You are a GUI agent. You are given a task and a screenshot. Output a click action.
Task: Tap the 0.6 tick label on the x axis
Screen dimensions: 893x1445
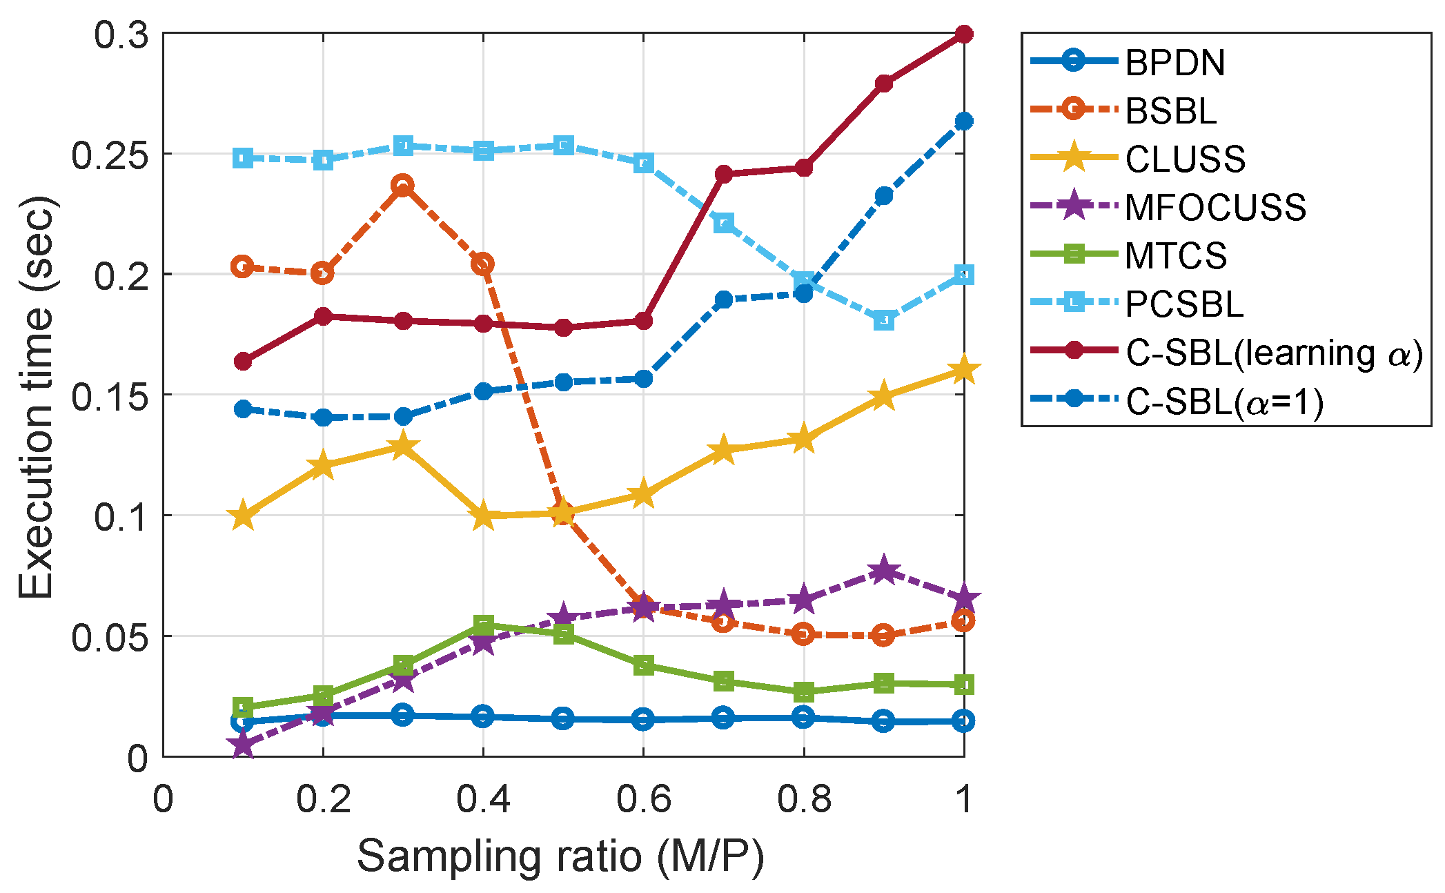pos(643,799)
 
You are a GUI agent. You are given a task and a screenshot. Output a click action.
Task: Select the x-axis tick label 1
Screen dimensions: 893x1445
pos(963,799)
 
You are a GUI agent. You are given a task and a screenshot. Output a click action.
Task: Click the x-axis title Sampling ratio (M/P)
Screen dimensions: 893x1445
pos(560,856)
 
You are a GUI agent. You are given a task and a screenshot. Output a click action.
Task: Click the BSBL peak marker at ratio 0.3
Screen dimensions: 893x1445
pos(403,185)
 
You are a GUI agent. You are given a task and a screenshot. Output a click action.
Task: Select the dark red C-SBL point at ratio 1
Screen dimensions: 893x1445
pos(964,34)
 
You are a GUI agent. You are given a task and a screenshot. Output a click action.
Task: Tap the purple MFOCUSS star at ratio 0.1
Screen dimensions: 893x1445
pos(242,745)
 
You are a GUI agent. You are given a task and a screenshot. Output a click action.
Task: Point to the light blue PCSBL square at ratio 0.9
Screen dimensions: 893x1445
pos(884,320)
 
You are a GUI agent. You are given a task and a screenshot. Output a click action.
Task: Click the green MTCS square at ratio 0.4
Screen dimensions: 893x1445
pos(483,626)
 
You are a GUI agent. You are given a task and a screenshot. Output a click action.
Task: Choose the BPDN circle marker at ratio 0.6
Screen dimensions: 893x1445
pos(643,719)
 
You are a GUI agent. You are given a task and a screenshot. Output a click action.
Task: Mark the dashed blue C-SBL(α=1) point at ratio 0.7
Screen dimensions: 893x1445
pos(723,300)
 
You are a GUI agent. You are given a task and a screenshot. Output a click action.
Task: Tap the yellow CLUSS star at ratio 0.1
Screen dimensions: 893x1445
pos(242,516)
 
